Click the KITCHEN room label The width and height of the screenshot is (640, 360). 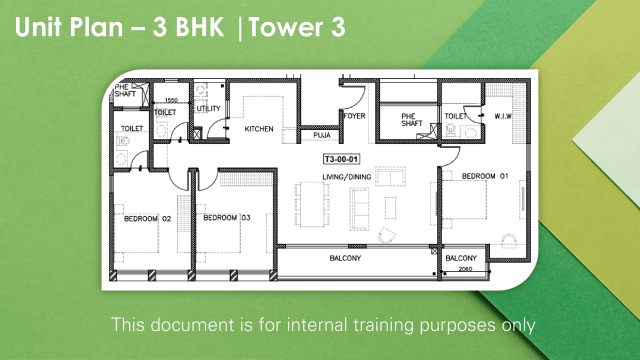(259, 129)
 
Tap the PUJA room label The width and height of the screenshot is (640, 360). (321, 135)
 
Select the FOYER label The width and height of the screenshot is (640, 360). (354, 116)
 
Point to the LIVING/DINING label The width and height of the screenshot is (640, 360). (346, 177)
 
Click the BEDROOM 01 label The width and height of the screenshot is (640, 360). (485, 176)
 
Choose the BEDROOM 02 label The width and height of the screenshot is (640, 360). (147, 218)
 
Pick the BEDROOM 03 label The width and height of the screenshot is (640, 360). (226, 218)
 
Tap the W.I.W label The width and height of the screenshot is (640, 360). (503, 116)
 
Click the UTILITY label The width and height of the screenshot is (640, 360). (208, 108)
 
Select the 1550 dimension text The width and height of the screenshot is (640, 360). (171, 100)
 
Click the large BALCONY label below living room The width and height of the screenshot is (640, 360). (345, 258)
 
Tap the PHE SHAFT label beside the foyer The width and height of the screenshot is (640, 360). (411, 120)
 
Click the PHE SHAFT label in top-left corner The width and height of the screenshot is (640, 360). (125, 90)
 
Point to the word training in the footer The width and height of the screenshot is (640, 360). (383, 324)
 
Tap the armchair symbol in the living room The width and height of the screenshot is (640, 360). (386, 235)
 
